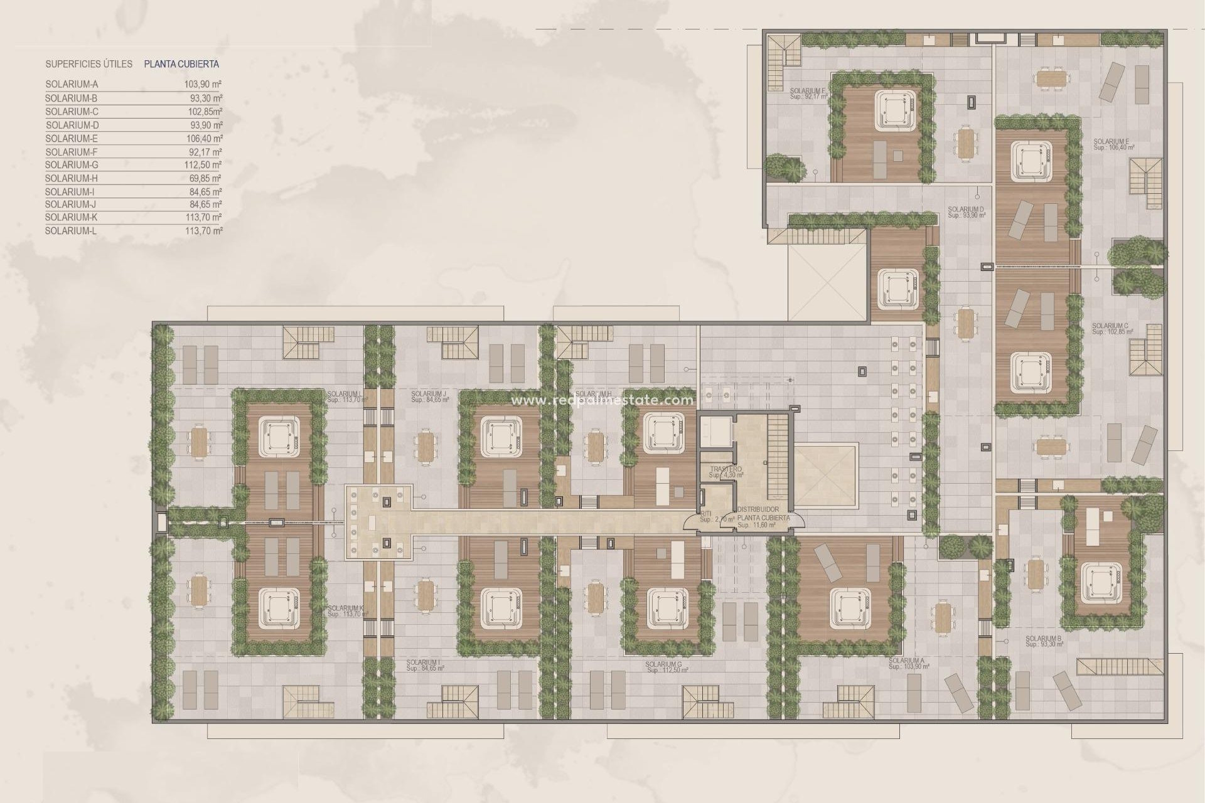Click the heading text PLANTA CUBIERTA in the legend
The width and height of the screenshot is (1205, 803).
pyautogui.click(x=181, y=64)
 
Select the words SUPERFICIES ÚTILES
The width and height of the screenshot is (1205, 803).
pyautogui.click(x=88, y=64)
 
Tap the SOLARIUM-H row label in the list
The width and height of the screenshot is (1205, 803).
pyautogui.click(x=72, y=179)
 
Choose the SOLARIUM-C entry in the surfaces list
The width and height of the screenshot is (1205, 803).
pyautogui.click(x=72, y=112)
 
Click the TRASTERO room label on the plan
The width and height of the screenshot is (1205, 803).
pyautogui.click(x=726, y=469)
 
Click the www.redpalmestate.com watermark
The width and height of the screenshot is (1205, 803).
pyautogui.click(x=603, y=400)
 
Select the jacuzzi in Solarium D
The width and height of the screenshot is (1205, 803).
pyautogui.click(x=897, y=287)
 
